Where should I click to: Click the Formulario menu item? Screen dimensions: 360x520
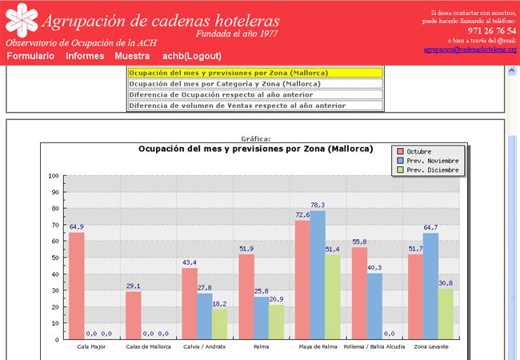30,56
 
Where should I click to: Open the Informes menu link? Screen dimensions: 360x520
85,56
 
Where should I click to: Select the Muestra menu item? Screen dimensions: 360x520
132,56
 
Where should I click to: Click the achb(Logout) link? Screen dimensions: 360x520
192,56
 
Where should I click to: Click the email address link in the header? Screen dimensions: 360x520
470,50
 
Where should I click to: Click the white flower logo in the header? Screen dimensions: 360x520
19,19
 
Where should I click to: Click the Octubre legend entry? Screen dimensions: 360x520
423,151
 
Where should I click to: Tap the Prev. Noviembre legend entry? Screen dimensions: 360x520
432,161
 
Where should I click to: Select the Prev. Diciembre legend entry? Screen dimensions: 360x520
432,170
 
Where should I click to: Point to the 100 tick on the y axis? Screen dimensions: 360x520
54,176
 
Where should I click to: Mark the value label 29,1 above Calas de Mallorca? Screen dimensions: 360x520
133,286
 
